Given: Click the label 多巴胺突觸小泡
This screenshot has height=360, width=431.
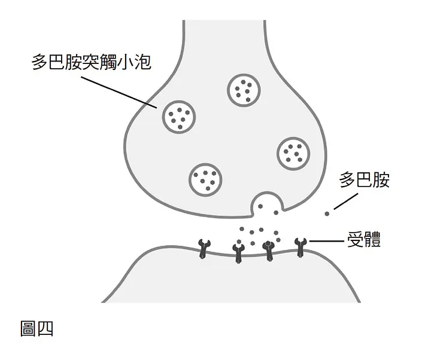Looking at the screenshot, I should click(x=92, y=63).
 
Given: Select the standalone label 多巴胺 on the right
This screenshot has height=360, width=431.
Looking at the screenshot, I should click(x=365, y=180).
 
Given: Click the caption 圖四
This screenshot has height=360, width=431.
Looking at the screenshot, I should click(x=37, y=328).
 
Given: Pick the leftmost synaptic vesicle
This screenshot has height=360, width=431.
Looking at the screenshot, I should click(x=179, y=116).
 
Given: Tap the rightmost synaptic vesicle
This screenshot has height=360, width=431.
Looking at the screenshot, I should click(x=293, y=153).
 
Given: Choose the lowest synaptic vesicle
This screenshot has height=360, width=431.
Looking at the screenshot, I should click(x=207, y=179).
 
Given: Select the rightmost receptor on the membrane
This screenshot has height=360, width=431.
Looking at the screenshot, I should click(x=301, y=246).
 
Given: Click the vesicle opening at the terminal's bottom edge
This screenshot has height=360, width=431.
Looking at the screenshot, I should click(x=266, y=205).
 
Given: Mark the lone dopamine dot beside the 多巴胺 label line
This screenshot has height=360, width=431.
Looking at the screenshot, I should click(x=327, y=213).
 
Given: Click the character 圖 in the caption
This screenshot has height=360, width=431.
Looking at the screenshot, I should click(x=29, y=328).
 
